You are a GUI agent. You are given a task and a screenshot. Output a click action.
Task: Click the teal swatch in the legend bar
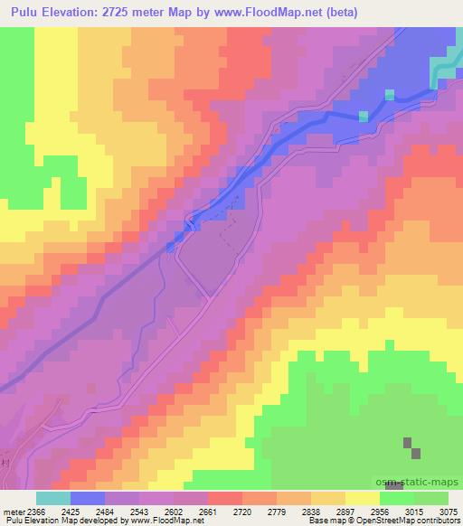pos(52,498)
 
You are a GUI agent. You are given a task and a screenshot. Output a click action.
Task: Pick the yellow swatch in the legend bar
pos(362,498)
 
